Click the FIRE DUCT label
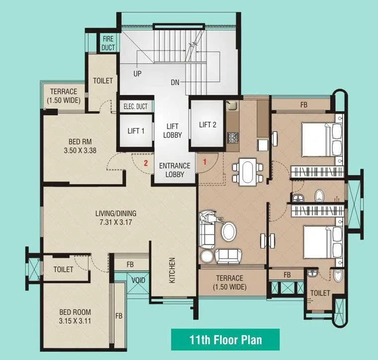click(x=108, y=43)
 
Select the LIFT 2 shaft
click(x=208, y=124)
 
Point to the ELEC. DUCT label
click(x=136, y=106)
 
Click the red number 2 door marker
click(x=146, y=162)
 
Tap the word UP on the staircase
click(x=137, y=74)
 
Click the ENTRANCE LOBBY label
click(x=175, y=170)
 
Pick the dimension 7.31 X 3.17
click(x=116, y=223)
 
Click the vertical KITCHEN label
click(x=172, y=270)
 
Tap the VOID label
click(x=138, y=280)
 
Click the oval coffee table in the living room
click(x=229, y=232)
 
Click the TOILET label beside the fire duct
click(x=103, y=81)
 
